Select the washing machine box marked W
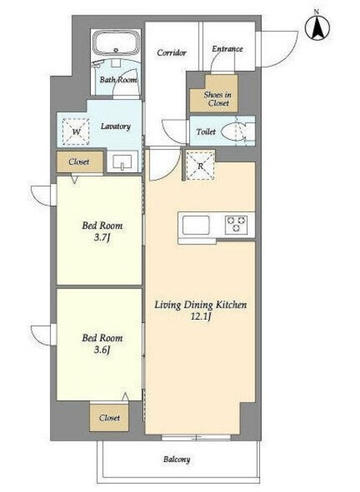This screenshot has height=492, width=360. click(x=75, y=131)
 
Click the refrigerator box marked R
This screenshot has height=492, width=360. click(x=201, y=166)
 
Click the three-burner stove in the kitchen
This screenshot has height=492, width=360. click(x=236, y=224)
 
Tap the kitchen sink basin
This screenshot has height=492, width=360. click(x=196, y=225)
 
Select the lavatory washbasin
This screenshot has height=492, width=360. click(x=122, y=161)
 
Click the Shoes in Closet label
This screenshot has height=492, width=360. click(x=217, y=98)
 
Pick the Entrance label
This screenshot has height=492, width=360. click(x=227, y=48)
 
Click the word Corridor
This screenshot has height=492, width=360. click(x=172, y=52)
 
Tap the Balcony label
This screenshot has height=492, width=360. click(x=177, y=460)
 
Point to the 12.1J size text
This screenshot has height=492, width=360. click(x=201, y=316)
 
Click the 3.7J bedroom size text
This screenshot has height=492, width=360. click(x=102, y=238)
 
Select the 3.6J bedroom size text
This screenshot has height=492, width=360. click(x=102, y=350)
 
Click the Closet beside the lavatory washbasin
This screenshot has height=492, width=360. click(x=80, y=162)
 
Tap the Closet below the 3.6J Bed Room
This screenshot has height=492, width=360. click(x=109, y=417)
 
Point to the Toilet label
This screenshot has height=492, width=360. click(x=206, y=131)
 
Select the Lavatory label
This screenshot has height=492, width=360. click(x=115, y=126)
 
